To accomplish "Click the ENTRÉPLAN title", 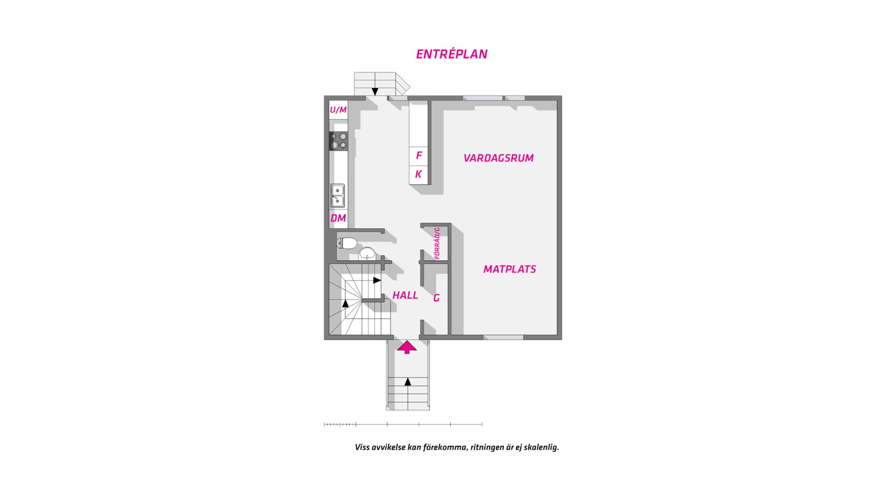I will [x=451, y=54].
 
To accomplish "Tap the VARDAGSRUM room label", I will [x=498, y=158].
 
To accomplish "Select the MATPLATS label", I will [x=509, y=269].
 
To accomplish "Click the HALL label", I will [x=405, y=296].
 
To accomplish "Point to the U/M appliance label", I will [x=338, y=110].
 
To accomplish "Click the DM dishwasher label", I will [x=338, y=218].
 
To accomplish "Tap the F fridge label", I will [x=419, y=155].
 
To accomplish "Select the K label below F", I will [x=419, y=174].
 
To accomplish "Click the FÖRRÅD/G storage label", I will [x=437, y=243].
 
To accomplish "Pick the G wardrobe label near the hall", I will [x=437, y=298].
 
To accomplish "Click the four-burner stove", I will [x=338, y=141].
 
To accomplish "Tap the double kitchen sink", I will [x=337, y=196].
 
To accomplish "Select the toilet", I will [x=347, y=243].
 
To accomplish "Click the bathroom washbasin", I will [x=367, y=253].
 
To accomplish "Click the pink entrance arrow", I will [x=407, y=347].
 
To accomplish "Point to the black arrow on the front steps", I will [x=407, y=382].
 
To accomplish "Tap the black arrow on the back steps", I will [x=375, y=91].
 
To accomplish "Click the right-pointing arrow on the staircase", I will [x=377, y=280].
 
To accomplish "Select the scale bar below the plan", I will [x=403, y=424].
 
